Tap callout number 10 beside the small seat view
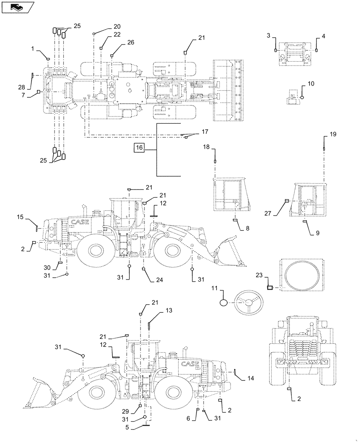pos(310,83)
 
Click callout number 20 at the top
pos(105,26)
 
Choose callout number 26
pos(118,43)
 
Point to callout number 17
pos(205,132)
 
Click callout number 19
pos(333,134)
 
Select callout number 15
pos(20,217)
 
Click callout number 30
pos(47,268)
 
